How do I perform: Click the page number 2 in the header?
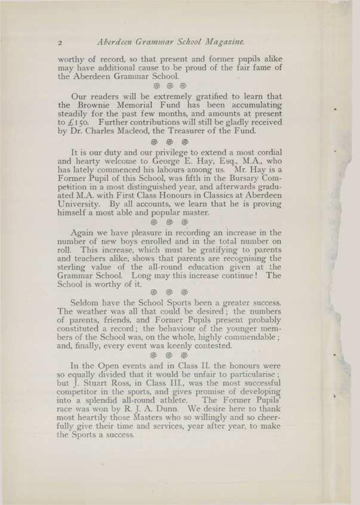(60, 43)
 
